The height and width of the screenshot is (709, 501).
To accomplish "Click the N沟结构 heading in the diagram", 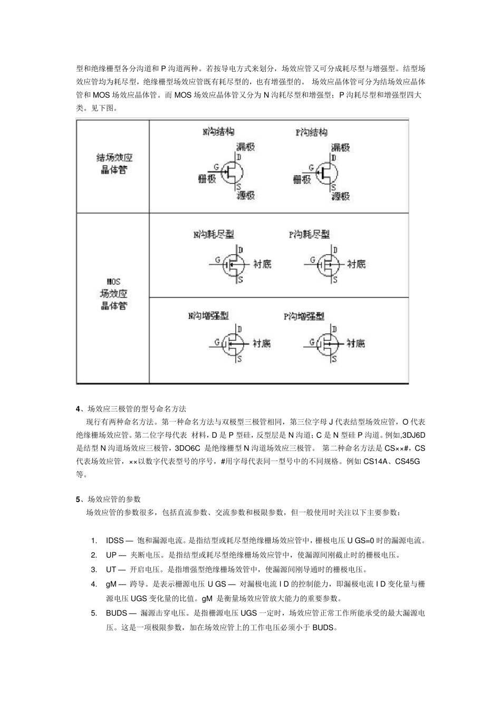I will point(218,131).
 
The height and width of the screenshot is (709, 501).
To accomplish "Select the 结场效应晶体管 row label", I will point(114,164).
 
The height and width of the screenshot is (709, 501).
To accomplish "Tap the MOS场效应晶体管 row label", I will point(113,294).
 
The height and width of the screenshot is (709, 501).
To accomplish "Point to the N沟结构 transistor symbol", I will point(231,171).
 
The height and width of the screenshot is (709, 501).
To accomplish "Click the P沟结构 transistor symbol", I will point(327,171).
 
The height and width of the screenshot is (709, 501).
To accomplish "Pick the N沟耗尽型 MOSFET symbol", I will point(233,264).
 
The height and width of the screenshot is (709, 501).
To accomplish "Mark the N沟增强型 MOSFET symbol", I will point(232,344).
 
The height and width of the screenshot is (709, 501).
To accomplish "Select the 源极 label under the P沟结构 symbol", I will point(341,196).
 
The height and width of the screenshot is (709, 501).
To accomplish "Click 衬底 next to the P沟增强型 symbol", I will point(355,343).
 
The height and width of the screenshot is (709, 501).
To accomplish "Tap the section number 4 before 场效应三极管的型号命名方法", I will point(79,409).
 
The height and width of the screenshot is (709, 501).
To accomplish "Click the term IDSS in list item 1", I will point(114,541).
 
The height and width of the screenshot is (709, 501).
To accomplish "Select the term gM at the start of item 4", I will point(111,584).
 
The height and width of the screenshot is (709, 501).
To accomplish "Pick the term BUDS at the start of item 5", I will point(117,613).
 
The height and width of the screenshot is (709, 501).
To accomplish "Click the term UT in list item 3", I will point(111,570).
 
